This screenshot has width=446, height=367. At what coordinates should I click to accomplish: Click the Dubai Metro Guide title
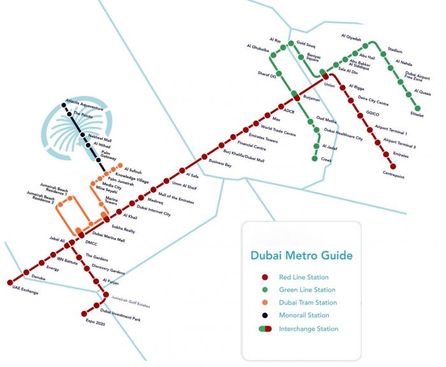301,256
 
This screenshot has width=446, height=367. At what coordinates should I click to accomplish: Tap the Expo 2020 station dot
84,314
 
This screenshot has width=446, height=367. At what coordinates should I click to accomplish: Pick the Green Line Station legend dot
263,290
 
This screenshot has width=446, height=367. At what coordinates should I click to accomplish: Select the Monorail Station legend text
304,315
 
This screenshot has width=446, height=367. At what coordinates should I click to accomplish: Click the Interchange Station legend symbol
264,329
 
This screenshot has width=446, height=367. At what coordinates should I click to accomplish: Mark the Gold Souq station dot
291,44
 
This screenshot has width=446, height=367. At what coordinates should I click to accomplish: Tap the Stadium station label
395,50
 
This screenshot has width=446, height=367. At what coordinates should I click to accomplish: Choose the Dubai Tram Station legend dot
263,303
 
